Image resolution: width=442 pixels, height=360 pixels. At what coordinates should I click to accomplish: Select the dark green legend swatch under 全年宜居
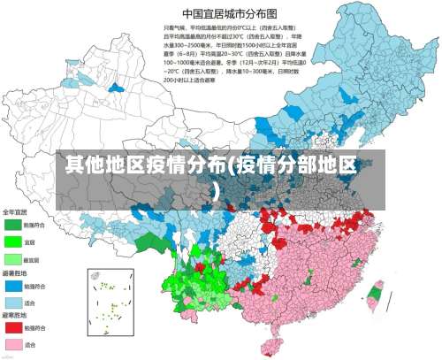[13, 226]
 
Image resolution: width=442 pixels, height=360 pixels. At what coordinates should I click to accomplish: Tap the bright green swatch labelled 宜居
[13, 241]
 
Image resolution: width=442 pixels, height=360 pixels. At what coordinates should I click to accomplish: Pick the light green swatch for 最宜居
[13, 259]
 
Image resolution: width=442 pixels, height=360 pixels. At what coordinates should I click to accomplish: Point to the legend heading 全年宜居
[15, 212]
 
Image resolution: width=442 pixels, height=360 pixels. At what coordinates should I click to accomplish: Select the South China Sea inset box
[111, 300]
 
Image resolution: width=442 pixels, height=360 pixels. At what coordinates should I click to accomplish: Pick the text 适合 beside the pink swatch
[30, 344]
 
